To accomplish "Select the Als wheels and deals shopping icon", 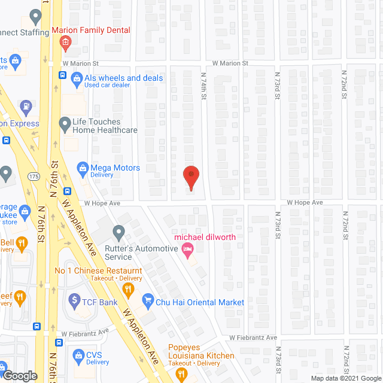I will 77,78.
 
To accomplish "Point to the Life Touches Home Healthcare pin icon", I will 65,125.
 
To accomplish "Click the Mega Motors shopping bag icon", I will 83,168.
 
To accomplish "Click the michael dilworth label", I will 205,237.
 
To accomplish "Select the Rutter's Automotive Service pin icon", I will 118,231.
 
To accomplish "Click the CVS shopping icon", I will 77,355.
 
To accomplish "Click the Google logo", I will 19,376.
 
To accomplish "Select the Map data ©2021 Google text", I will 346,378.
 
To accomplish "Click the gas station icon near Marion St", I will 26,108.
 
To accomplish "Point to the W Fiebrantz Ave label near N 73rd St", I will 254,338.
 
